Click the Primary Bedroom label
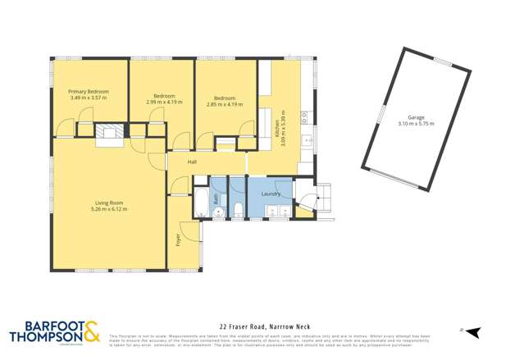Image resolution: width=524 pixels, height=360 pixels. click(88, 91)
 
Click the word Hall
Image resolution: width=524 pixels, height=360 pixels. click(192, 162)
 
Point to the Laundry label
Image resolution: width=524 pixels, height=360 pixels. click(271, 194)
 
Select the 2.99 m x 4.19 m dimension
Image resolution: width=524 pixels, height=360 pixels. click(161, 102)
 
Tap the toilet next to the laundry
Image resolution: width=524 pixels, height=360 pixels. click(236, 212)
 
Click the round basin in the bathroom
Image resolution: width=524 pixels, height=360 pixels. click(219, 212)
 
